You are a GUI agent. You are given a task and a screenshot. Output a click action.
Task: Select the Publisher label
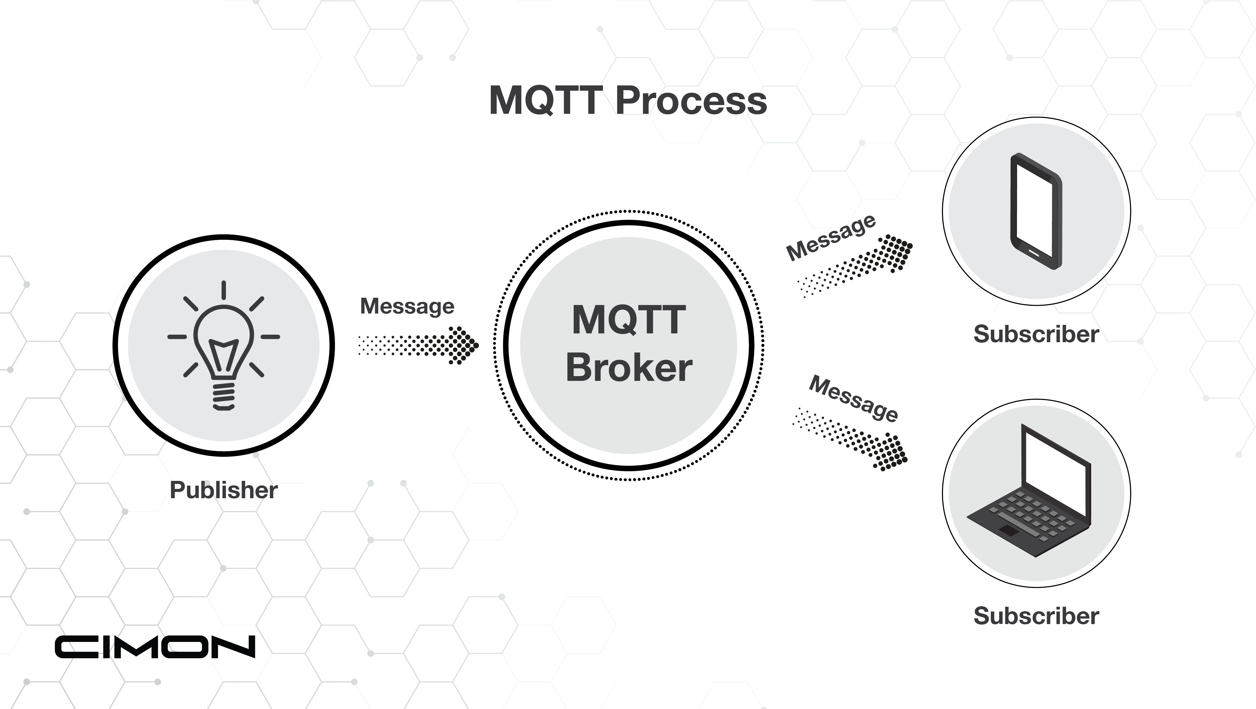pos(223,490)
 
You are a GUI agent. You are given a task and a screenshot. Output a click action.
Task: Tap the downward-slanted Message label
pos(853,399)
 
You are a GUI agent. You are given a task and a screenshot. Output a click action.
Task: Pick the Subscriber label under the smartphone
pos(1036,334)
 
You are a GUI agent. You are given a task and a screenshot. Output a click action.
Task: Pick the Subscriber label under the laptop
pos(1036,616)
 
